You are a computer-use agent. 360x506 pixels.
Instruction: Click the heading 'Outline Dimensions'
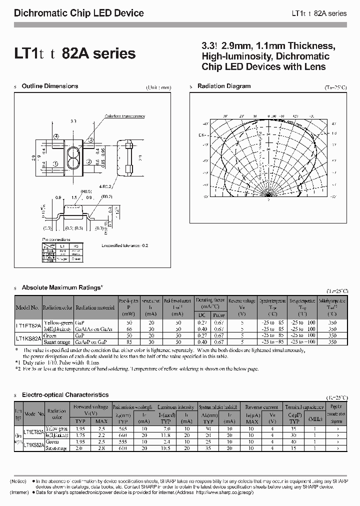pos(50,86)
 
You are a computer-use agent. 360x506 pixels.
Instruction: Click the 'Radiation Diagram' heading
pos(224,86)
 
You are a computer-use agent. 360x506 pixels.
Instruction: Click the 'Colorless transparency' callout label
pos(124,116)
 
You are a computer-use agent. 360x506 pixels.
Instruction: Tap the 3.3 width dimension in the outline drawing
pos(73,121)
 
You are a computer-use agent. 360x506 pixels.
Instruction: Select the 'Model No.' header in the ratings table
pos(27,307)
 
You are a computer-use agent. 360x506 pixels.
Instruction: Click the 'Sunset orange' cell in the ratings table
pos(58,341)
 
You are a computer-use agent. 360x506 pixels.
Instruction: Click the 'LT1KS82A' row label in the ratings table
pos(27,338)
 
